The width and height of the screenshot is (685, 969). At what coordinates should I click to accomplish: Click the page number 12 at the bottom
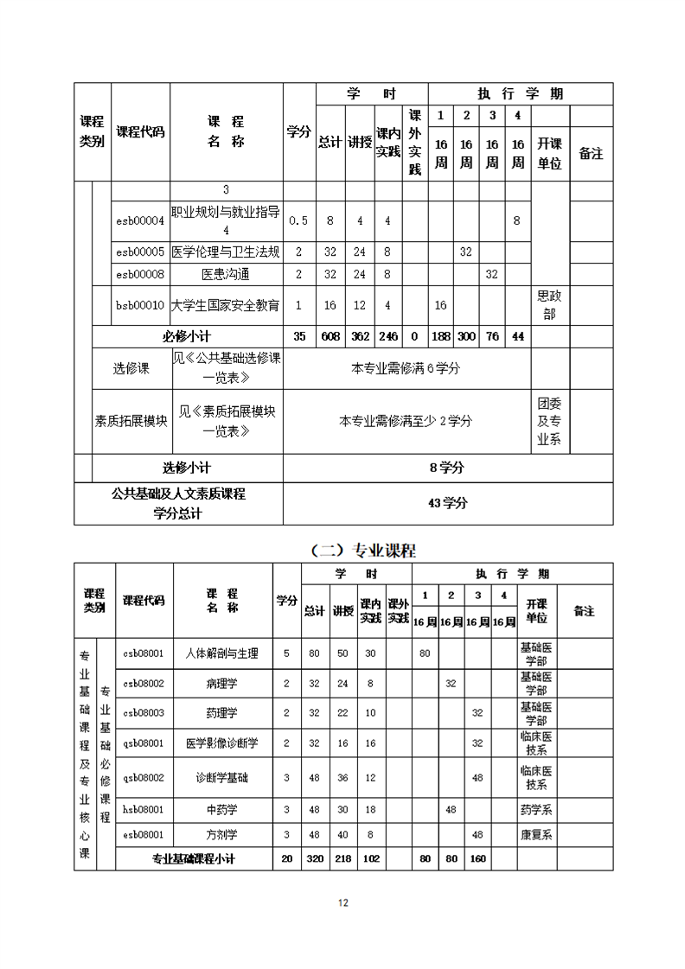[342, 903]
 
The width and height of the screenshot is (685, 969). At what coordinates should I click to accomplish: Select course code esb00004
[140, 220]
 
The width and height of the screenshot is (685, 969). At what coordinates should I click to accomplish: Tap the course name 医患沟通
[225, 274]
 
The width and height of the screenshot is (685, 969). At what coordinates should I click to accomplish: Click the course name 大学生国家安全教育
[226, 305]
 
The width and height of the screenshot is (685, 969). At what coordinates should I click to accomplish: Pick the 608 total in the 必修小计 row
[330, 336]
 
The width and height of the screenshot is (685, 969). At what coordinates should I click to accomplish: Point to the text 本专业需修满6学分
[406, 368]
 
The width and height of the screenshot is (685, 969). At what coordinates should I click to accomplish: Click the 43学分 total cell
[447, 503]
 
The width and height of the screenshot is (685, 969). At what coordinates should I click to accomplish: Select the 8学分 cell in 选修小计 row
[447, 468]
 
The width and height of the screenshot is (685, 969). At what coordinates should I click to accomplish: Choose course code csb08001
[143, 653]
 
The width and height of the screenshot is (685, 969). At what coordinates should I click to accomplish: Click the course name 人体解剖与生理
[222, 653]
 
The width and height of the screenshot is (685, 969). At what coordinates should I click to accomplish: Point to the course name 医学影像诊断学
[222, 743]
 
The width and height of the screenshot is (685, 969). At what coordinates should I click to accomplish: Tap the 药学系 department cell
[536, 810]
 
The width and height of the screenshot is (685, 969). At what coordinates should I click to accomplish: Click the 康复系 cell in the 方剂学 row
[536, 835]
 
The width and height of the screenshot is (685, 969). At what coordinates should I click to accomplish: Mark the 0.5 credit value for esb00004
[298, 220]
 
